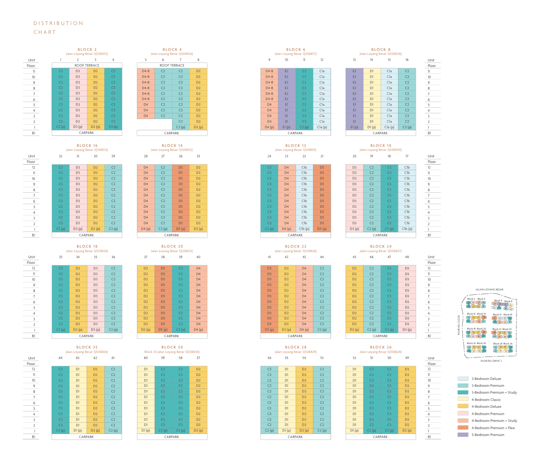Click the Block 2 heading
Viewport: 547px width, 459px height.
87,50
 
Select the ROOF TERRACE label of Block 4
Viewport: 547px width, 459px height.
172,65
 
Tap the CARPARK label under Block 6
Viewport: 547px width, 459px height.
295,133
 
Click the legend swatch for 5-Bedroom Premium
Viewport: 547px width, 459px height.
463,435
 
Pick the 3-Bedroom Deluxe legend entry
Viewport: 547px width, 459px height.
486,379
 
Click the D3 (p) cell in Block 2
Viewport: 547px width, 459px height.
78,127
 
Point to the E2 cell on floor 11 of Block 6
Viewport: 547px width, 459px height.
286,71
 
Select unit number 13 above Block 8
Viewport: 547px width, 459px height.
354,60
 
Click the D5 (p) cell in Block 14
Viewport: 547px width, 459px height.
181,229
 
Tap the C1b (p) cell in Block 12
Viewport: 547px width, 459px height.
304,229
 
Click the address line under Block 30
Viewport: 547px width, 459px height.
172,352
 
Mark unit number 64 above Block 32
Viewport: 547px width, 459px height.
60,358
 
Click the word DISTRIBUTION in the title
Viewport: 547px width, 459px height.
58,23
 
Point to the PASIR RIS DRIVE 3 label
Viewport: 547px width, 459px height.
491,361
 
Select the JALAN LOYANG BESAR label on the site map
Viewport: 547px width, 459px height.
489,290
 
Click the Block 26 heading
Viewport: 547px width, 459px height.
381,347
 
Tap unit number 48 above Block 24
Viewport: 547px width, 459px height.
407,257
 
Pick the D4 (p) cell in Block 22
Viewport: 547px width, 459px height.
304,330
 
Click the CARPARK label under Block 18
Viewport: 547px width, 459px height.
87,336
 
